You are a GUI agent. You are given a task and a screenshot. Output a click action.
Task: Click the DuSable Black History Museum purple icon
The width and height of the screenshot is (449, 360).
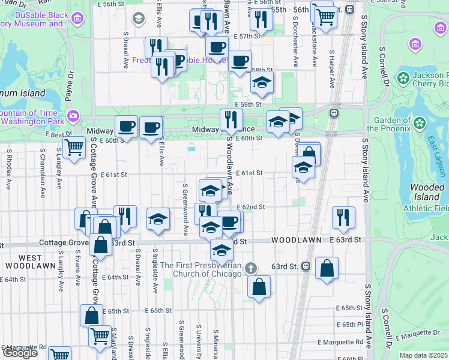click(76, 19)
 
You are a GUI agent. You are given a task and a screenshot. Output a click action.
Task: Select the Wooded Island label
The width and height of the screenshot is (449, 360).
click(427, 192)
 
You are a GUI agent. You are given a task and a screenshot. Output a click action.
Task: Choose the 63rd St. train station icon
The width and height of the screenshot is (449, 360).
click(306, 266)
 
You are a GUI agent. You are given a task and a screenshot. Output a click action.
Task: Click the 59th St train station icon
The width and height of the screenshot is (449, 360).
click(334, 113)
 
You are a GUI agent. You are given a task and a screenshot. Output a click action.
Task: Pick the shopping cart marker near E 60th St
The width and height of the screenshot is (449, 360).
click(74, 146)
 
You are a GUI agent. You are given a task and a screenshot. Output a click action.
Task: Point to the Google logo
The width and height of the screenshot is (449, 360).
click(20, 353)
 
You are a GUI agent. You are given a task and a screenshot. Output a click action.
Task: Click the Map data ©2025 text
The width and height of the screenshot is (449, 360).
click(423, 355)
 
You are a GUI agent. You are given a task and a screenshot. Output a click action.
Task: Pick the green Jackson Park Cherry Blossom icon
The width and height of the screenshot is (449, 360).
click(403, 77)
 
